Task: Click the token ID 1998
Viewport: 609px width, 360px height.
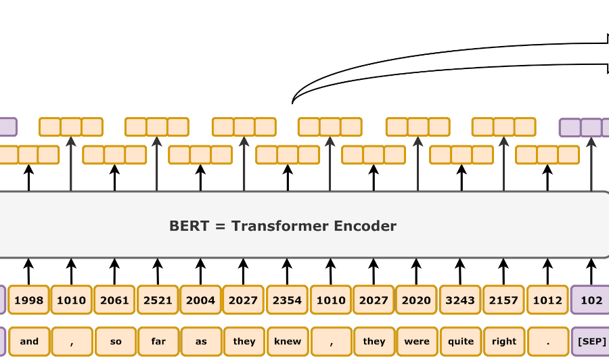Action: coord(29,300)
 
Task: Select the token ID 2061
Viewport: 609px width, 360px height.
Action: coord(114,300)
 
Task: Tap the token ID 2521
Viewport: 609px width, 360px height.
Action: coord(158,300)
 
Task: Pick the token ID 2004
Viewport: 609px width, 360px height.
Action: coord(201,300)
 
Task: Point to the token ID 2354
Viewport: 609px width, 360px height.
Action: coord(287,300)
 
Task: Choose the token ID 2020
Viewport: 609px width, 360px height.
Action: coord(416,300)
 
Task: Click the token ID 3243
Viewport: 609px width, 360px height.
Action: coord(460,300)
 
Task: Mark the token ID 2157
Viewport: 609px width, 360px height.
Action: coord(503,300)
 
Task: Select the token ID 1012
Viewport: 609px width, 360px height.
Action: coord(547,300)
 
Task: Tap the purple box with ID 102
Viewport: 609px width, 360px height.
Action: coord(591,300)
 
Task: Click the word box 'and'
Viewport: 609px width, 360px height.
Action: coord(29,341)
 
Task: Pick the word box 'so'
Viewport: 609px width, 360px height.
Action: coord(116,341)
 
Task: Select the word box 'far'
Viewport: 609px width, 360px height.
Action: coord(158,341)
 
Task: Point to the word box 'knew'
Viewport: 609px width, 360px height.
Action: coord(288,341)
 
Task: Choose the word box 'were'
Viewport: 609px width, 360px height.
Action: coord(417,341)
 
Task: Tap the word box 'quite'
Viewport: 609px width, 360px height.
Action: coord(461,341)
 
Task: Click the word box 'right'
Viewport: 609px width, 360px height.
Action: coord(504,341)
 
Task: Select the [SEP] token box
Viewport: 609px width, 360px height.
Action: coord(591,341)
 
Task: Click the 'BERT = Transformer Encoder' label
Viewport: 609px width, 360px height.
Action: coord(283,226)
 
